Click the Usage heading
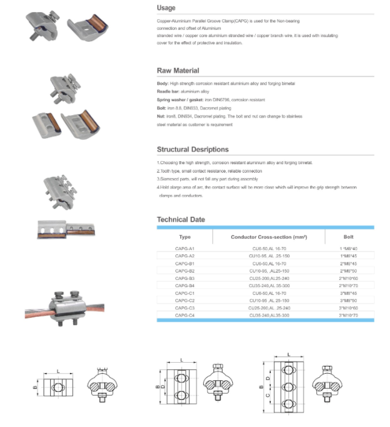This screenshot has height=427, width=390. pos(166,8)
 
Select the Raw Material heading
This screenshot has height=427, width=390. pos(178,71)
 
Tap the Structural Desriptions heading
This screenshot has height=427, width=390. pos(192,149)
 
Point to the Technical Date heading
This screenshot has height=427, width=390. pos(181,219)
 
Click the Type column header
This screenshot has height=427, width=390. pos(184,237)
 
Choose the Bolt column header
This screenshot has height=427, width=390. pos(349,237)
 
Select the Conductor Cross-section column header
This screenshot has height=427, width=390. pos(270,237)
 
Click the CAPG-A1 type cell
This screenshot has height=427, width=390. pos(184,249)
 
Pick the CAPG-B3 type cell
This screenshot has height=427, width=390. pos(184,278)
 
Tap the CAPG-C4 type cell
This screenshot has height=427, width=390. pos(184,315)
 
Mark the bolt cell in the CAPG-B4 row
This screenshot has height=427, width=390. pos(349,285)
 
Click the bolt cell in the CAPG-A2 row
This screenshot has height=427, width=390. pos(349,256)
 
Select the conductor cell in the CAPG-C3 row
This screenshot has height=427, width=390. pos(270,308)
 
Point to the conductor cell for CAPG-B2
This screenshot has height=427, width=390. pos(270,271)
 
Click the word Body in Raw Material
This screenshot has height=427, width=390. pos(163,83)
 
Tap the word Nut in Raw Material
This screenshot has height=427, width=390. pos(161,116)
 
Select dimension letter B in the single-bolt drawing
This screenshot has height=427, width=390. pos(36,386)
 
